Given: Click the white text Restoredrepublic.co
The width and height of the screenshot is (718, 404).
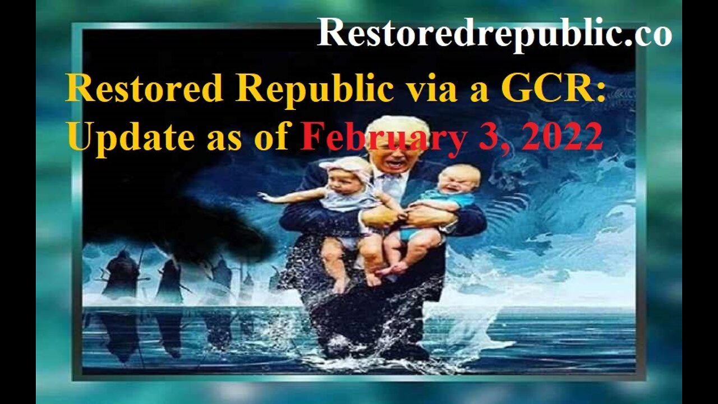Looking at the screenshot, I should [x=494, y=33].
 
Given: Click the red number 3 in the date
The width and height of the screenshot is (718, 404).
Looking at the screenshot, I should [x=491, y=136].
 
